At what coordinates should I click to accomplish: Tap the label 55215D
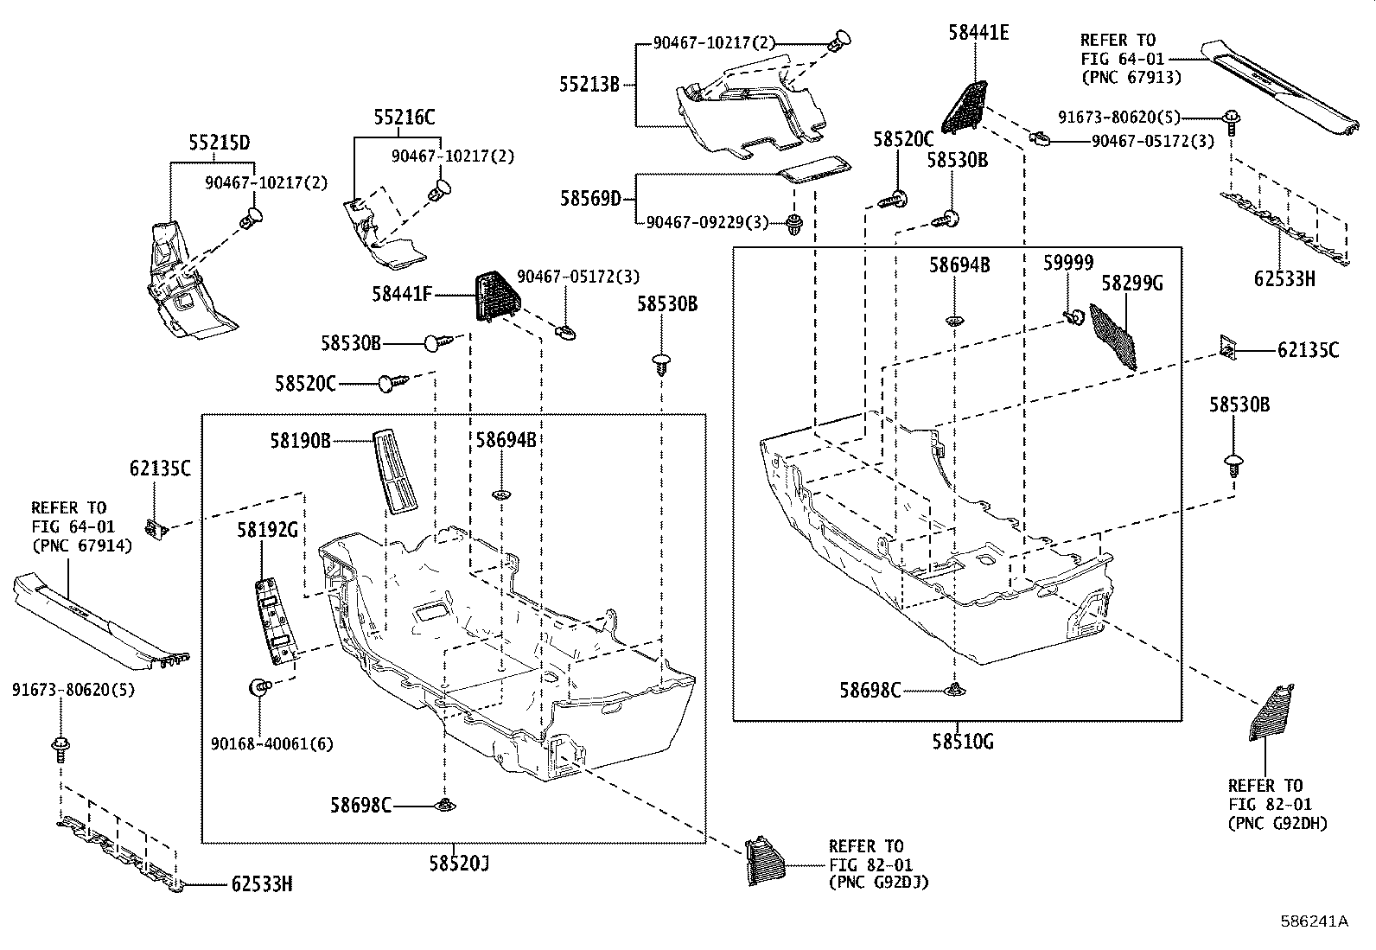click(x=220, y=143)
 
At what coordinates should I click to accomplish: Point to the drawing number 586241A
click(x=1314, y=921)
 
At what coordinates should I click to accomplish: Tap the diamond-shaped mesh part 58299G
click(x=1113, y=337)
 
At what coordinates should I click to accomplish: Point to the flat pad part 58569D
click(x=815, y=169)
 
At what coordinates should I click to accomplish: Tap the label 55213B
click(x=589, y=85)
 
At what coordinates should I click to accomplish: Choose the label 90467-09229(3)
click(x=707, y=223)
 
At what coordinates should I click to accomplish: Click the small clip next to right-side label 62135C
click(x=1227, y=347)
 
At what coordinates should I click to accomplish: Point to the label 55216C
click(x=405, y=118)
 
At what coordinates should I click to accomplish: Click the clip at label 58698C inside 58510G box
click(x=954, y=689)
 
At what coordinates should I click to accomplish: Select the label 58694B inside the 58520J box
click(x=506, y=440)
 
